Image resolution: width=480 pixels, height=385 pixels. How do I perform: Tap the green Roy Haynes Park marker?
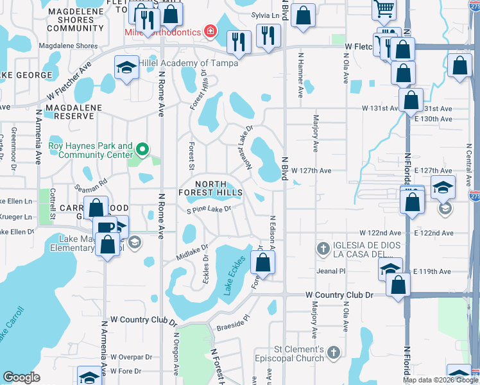point(142,151)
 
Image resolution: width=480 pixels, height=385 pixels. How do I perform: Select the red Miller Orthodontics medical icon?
point(210,31)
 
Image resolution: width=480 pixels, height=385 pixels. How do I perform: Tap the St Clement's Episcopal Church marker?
point(333,352)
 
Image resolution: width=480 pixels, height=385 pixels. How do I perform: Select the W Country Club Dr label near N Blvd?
point(339,295)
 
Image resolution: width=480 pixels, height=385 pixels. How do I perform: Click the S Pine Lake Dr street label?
point(208,209)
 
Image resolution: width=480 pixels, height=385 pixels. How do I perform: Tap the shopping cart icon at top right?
point(384,9)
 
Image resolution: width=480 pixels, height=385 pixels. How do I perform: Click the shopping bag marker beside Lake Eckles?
point(262,262)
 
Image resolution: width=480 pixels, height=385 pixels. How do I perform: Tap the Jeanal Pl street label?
point(331,271)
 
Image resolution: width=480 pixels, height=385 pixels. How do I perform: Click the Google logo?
point(21,377)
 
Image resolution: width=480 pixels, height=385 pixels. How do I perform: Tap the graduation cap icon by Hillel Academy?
point(127,67)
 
